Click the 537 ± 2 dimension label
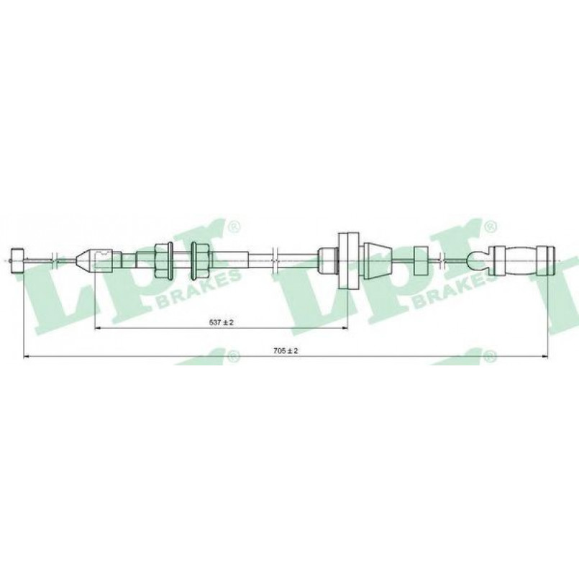[222, 322]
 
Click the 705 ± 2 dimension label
[286, 351]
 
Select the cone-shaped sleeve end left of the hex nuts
[86, 260]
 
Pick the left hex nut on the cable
[163, 260]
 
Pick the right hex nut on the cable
[200, 260]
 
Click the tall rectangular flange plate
[349, 260]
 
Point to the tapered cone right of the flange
[378, 260]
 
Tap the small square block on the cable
[421, 260]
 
